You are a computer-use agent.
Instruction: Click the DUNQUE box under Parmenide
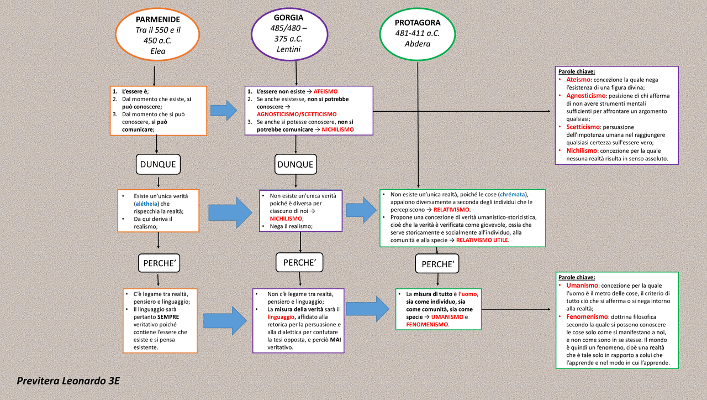[x=158, y=164]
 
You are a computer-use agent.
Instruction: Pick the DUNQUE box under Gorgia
[x=296, y=164]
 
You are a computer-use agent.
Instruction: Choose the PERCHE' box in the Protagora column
[x=437, y=264]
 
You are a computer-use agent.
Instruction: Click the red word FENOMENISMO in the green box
[x=427, y=324]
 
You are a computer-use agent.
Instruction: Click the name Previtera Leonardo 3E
[x=68, y=381]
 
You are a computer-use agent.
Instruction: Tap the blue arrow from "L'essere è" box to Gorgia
[x=225, y=110]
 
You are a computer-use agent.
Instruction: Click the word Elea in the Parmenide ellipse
[x=158, y=51]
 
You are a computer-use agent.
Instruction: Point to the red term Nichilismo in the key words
[x=582, y=150]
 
